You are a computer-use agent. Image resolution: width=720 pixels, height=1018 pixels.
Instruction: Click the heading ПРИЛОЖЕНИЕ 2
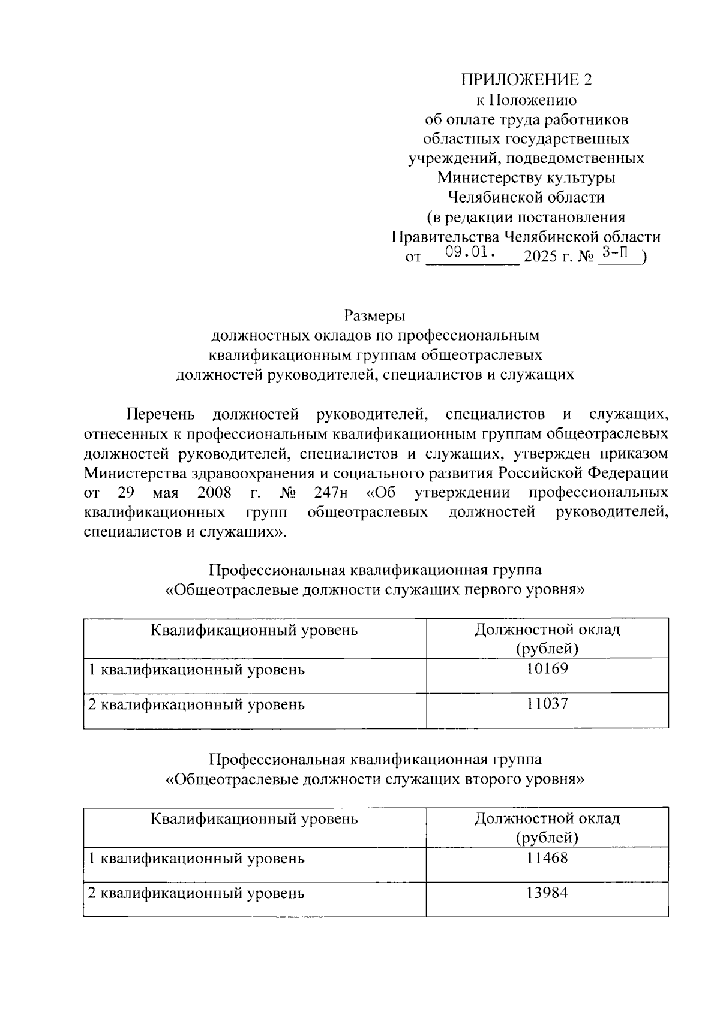526,80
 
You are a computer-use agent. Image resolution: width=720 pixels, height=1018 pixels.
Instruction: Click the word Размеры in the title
375,315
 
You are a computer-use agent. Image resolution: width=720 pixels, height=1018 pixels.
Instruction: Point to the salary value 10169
547,669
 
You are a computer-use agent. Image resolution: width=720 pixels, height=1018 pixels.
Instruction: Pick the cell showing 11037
547,704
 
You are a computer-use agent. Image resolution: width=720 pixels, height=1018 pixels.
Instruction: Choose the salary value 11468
547,858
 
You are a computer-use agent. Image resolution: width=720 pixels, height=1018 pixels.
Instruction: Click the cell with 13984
547,893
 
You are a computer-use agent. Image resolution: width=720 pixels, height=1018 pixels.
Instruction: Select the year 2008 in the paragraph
214,493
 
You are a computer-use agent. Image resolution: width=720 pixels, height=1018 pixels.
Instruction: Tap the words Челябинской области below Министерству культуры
526,197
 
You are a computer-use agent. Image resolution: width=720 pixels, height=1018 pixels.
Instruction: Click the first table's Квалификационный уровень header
254,630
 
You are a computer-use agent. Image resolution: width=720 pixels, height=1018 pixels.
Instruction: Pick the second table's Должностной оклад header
547,828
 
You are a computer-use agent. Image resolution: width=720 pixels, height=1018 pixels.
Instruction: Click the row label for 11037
196,704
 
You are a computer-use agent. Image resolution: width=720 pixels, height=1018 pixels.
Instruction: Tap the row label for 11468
196,859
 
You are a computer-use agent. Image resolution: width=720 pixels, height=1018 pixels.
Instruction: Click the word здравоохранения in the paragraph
251,473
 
